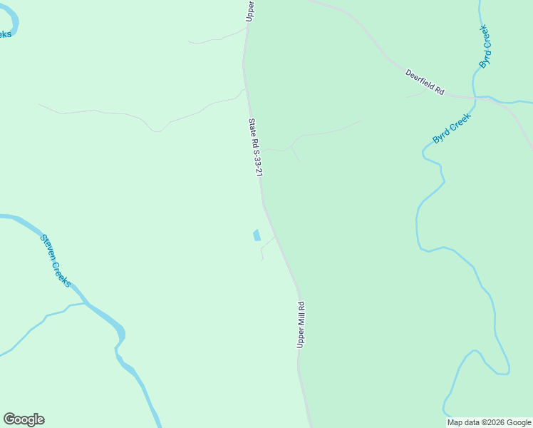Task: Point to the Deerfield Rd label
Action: tap(425, 82)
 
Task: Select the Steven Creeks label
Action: tap(55, 260)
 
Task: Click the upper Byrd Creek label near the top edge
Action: tap(485, 46)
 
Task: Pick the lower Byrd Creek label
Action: tap(452, 129)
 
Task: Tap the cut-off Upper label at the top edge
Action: tap(250, 10)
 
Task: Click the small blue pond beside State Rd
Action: tap(256, 235)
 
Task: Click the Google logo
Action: tap(24, 419)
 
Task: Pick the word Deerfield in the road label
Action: tap(420, 79)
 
